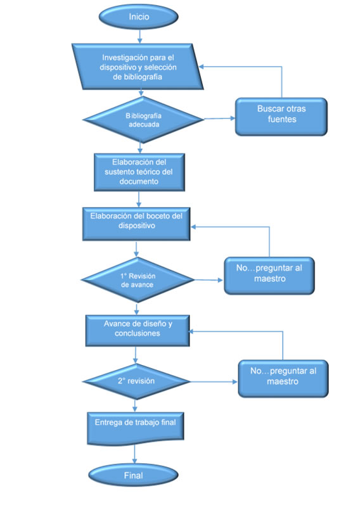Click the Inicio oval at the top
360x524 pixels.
138,16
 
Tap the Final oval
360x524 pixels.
133,475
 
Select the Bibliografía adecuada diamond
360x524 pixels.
143,120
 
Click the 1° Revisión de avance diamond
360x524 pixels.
138,280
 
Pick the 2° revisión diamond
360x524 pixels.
136,381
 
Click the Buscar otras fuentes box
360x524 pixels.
281,117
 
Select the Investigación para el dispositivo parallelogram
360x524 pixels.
138,67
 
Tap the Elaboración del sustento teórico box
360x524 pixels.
139,172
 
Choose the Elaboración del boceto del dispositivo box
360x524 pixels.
136,224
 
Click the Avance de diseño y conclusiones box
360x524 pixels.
138,331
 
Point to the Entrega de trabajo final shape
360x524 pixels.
136,429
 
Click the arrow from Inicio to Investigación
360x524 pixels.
139,36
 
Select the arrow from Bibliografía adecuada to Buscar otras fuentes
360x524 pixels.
219,118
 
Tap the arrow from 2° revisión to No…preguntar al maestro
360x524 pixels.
214,381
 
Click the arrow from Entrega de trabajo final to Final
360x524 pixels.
135,454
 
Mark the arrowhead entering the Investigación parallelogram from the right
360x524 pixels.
202,67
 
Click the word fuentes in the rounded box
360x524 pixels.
282,119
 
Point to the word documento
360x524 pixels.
139,181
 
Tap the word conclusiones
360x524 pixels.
138,333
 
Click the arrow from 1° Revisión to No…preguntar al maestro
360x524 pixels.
209,280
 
